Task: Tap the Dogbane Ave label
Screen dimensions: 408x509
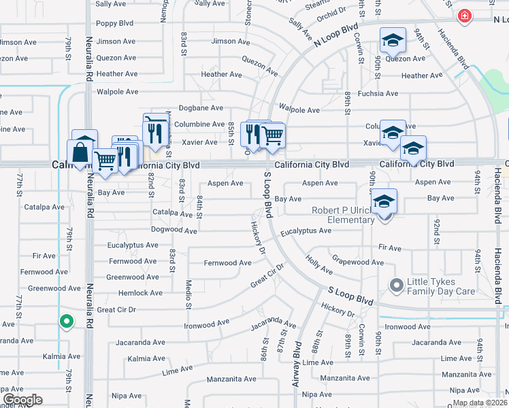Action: (201, 108)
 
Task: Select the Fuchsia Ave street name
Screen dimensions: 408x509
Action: (378, 93)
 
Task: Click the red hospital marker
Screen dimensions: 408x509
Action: (465, 16)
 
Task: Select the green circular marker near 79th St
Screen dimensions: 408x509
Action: (66, 321)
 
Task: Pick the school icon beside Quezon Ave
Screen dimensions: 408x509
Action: (393, 40)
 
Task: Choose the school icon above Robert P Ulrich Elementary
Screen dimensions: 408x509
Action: (384, 201)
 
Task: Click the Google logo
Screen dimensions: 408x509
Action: (22, 400)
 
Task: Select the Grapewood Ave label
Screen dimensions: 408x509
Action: (358, 262)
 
